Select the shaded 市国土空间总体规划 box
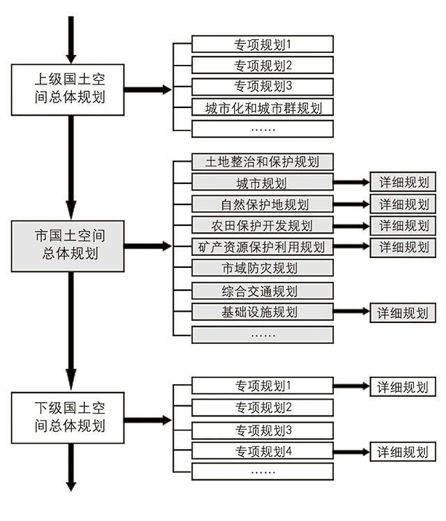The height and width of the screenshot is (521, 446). click(x=67, y=246)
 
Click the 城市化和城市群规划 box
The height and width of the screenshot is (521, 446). click(x=263, y=107)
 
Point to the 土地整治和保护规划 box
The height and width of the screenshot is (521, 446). click(x=263, y=163)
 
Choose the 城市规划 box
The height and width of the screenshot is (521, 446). click(x=263, y=183)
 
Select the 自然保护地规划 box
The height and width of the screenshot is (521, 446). click(x=263, y=204)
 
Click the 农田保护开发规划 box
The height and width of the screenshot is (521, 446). click(x=263, y=225)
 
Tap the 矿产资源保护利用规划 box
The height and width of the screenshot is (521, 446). click(x=263, y=247)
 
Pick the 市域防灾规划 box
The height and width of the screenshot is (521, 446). click(x=263, y=269)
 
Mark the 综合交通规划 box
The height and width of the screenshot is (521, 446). click(x=263, y=291)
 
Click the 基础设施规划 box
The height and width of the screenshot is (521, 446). click(x=263, y=312)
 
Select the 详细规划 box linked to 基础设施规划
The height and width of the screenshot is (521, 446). click(x=403, y=312)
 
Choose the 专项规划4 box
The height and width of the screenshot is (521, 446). click(x=263, y=451)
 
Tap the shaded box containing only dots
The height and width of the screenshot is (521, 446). click(x=263, y=334)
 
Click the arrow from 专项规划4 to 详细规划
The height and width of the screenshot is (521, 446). click(x=351, y=451)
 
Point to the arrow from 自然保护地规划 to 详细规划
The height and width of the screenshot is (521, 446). click(x=351, y=204)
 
